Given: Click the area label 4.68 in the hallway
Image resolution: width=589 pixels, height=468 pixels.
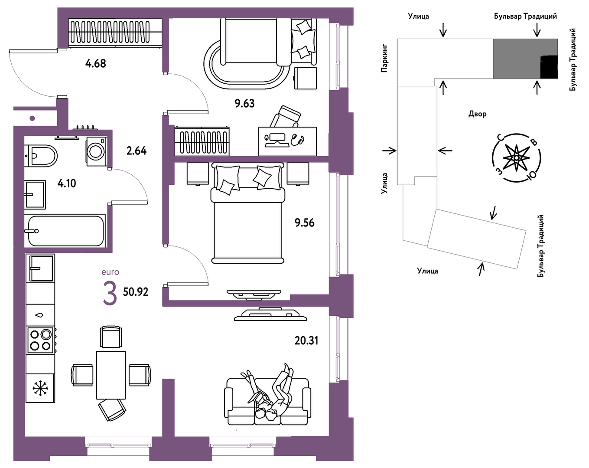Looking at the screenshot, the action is click(x=95, y=64).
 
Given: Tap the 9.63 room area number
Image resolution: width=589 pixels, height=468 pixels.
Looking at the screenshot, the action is click(x=244, y=104).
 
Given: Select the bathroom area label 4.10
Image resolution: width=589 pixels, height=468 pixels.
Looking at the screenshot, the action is click(x=67, y=183).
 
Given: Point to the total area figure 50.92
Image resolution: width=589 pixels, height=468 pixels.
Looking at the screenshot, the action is click(x=136, y=292).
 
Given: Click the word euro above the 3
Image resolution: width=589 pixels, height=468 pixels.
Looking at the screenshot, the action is click(x=110, y=272).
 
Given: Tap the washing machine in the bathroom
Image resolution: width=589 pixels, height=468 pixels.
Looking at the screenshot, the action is click(x=96, y=151).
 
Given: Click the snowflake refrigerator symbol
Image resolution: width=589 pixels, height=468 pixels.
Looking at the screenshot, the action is click(x=40, y=388).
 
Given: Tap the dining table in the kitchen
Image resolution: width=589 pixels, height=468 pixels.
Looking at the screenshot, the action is click(x=111, y=375).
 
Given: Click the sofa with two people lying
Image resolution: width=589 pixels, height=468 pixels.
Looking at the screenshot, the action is click(x=267, y=401).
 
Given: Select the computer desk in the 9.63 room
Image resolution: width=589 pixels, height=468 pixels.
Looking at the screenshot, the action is click(x=287, y=141).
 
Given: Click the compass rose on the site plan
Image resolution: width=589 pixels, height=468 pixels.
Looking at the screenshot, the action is click(x=516, y=158).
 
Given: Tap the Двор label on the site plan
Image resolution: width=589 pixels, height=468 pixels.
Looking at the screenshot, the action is click(x=477, y=114).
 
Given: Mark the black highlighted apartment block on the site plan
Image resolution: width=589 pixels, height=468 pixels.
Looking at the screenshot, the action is click(x=549, y=67).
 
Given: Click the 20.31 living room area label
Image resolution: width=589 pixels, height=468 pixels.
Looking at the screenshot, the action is click(x=306, y=340).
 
